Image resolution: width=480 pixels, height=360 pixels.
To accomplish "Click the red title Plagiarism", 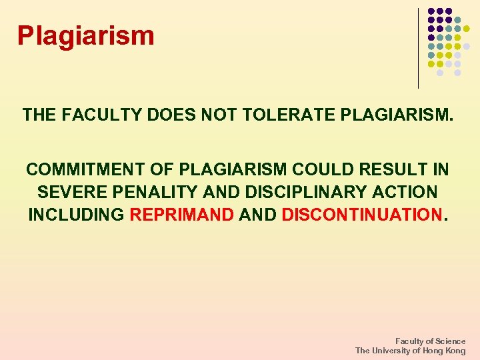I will [x=85, y=35].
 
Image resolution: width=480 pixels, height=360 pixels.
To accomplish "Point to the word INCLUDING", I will [x=76, y=215].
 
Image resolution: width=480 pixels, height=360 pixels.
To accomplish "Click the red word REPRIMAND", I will [x=182, y=215].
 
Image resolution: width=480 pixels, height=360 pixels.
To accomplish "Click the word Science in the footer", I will [x=450, y=341].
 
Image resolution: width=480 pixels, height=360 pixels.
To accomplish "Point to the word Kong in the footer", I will [x=456, y=351].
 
